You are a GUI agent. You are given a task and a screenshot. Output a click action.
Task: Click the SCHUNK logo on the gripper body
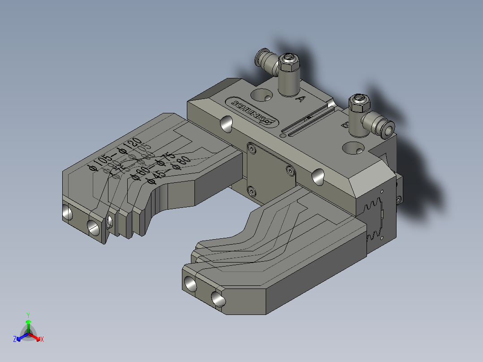(x=253, y=112)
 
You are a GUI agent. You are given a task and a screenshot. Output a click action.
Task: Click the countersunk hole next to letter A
(x=261, y=95)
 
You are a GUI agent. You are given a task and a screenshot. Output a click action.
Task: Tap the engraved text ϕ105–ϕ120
(x=112, y=155)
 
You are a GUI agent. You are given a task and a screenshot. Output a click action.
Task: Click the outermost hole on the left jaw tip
(x=68, y=213)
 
